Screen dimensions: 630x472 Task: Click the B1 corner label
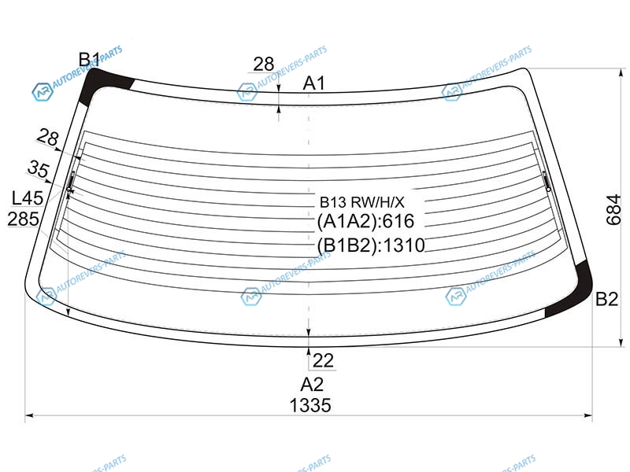pos(89,60)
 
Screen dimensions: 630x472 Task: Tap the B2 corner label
pos(606,299)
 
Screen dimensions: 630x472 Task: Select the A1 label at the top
pos(313,83)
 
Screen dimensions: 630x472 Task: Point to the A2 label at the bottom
pos(312,385)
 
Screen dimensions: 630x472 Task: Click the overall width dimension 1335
pos(310,405)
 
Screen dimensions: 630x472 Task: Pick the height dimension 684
pos(613,209)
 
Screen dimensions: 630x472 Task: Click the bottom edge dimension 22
pos(323,360)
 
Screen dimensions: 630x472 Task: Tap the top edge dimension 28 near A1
pos(264,64)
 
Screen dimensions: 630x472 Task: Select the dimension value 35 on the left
pos(39,168)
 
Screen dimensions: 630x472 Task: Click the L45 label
pos(28,198)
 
